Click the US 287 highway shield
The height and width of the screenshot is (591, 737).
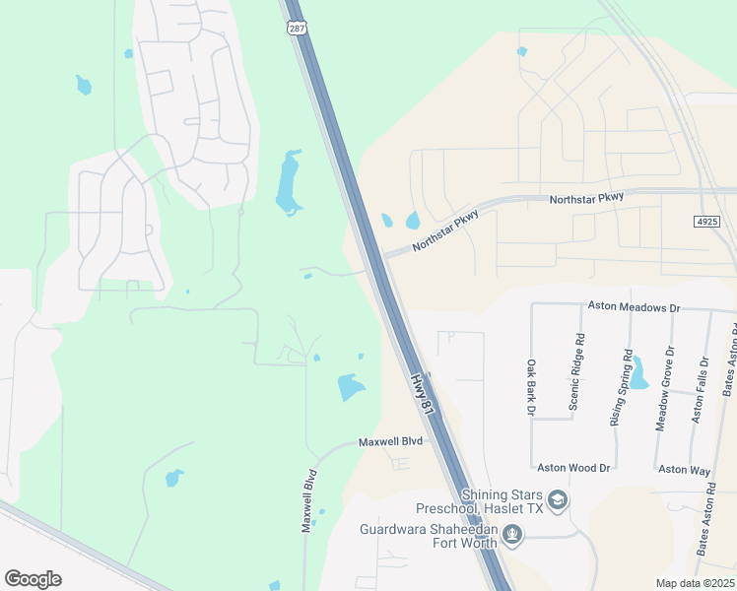pyautogui.click(x=297, y=29)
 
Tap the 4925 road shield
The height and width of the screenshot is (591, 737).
pyautogui.click(x=705, y=222)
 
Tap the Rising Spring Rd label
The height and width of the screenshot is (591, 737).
pyautogui.click(x=620, y=387)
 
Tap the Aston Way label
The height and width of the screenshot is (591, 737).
pyautogui.click(x=685, y=469)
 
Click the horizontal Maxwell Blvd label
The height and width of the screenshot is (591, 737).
pyautogui.click(x=390, y=442)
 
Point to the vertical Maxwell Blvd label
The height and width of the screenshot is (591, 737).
pyautogui.click(x=308, y=499)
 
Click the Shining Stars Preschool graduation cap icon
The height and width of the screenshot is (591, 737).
pyautogui.click(x=558, y=501)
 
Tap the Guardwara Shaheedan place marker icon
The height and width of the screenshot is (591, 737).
pyautogui.click(x=510, y=535)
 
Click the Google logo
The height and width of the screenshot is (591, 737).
pyautogui.click(x=33, y=579)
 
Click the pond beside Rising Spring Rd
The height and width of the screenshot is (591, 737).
pyautogui.click(x=638, y=372)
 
